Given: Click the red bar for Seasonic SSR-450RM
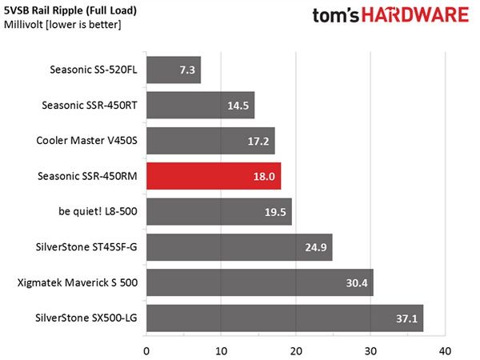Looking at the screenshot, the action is (214, 176).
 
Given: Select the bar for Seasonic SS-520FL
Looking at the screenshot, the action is (174, 70).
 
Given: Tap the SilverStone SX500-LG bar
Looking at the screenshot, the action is (285, 318).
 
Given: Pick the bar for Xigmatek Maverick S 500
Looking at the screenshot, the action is (260, 282).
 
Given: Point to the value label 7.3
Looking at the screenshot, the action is (187, 70).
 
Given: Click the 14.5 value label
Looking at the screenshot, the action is (238, 106).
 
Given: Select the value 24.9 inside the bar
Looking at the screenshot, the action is (316, 247).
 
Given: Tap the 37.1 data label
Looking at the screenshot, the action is (406, 318).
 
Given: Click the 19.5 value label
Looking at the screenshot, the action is (275, 212).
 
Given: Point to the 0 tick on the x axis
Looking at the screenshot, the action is (146, 351).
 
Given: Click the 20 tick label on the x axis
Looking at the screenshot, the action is (296, 351).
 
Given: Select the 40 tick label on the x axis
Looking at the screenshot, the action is (445, 351).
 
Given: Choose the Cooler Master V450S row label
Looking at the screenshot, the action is (86, 141).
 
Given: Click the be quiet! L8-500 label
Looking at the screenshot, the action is (98, 211).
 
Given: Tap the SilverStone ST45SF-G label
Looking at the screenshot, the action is (86, 246).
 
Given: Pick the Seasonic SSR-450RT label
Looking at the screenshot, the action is (90, 106).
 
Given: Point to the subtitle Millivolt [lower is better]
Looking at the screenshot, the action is (62, 25).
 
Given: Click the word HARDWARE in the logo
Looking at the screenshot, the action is (415, 15).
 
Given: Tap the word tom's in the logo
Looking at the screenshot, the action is (335, 15).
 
